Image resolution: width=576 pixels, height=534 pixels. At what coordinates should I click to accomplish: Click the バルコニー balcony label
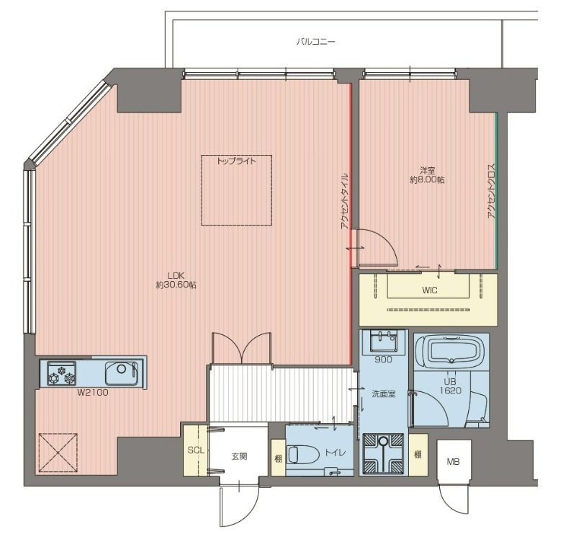pos(315,42)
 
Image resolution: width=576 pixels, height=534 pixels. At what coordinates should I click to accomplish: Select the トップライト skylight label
pos(236,161)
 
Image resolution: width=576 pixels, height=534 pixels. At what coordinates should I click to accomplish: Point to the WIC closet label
pos(429,290)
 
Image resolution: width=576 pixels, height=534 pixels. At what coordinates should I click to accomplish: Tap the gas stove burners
pos(61,373)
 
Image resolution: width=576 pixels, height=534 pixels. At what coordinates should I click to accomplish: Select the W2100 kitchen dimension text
pos(93,393)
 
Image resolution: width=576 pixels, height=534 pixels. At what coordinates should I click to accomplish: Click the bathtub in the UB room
pos(451,352)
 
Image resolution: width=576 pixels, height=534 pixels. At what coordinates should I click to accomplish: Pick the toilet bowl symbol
pos(303,455)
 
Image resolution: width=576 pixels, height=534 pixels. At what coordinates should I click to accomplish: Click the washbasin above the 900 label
pos(384,341)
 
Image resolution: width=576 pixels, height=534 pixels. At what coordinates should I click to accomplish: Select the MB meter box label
pos(453,461)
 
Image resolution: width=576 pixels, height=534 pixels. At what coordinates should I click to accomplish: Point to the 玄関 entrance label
pos(239,457)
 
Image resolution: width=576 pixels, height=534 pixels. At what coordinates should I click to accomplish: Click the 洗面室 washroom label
pos(384,394)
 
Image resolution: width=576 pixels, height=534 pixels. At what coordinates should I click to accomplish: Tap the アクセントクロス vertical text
pos(492,191)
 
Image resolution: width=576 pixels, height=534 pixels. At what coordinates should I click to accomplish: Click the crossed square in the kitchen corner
pos(58,453)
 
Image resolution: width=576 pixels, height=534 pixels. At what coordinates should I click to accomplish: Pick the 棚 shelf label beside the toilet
pos(278,458)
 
